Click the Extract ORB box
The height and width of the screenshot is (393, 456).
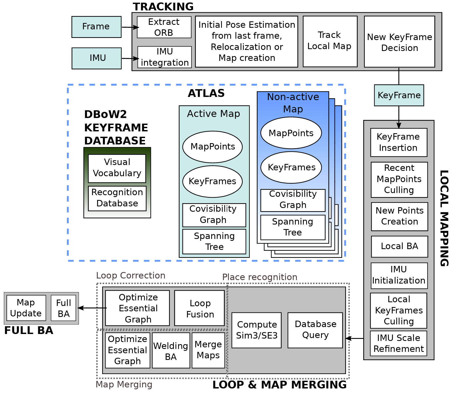click(x=164, y=27)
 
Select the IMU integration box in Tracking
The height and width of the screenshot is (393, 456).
click(x=165, y=57)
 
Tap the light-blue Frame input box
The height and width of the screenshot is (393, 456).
click(x=96, y=27)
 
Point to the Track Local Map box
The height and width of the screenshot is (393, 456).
click(x=330, y=41)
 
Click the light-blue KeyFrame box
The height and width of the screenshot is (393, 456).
click(x=399, y=95)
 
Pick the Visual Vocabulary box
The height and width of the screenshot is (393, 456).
click(x=117, y=168)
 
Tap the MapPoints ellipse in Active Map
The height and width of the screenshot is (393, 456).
click(x=213, y=147)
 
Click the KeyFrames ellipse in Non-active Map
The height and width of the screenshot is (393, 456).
click(x=291, y=167)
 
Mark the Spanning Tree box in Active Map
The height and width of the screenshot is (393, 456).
click(x=214, y=241)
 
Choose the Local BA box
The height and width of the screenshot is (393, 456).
click(x=399, y=246)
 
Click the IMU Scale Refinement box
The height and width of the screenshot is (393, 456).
click(x=398, y=343)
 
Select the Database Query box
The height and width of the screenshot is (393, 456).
click(x=315, y=330)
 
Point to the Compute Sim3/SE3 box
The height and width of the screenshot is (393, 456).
click(x=257, y=330)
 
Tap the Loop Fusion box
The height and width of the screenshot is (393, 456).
click(x=199, y=308)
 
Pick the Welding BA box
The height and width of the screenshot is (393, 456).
click(x=171, y=350)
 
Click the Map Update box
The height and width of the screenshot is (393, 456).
click(x=26, y=308)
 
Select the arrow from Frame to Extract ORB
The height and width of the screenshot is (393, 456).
click(x=130, y=27)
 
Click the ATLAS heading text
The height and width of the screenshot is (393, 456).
click(x=206, y=93)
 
